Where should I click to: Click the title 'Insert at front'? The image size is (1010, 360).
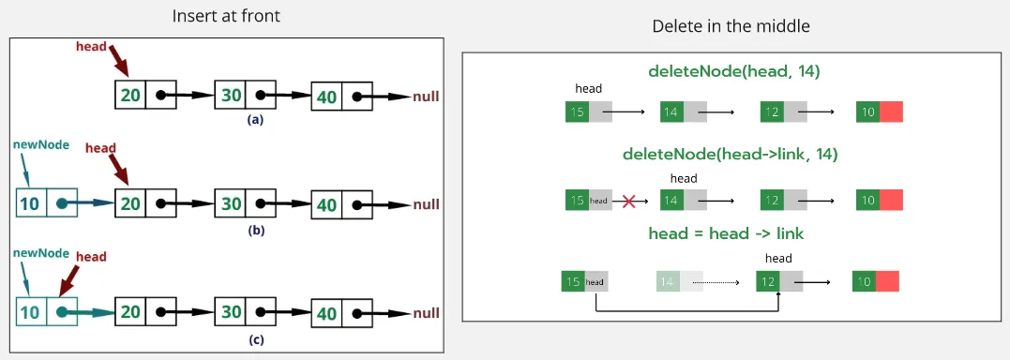click(x=225, y=17)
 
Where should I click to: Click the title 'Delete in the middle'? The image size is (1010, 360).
click(x=731, y=26)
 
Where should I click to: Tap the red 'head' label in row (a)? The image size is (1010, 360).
click(x=91, y=46)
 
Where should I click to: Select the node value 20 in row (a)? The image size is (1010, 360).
click(x=131, y=96)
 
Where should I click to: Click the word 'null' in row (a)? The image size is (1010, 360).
click(x=425, y=97)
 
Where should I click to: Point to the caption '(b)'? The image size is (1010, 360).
click(x=255, y=230)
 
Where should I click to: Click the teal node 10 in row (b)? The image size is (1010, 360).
click(x=31, y=203)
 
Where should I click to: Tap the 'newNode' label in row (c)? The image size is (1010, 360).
click(x=41, y=253)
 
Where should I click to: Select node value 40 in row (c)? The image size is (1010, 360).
click(x=327, y=312)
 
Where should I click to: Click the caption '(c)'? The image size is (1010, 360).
click(x=255, y=339)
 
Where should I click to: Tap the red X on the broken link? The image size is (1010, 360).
click(x=629, y=200)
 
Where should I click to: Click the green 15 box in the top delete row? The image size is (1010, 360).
click(x=577, y=112)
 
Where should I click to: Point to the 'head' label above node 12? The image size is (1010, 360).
click(x=778, y=259)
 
